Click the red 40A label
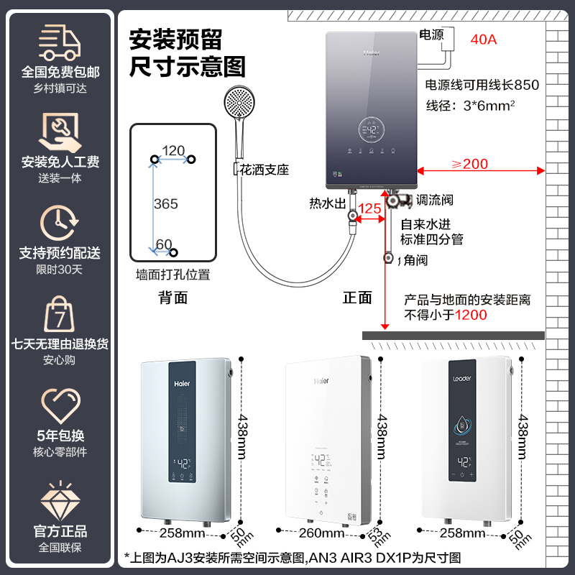click(483, 40)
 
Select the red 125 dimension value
click(369, 208)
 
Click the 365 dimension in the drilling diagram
click(166, 204)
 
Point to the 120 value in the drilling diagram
click(173, 150)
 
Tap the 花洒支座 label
click(264, 170)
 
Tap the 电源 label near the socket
click(432, 34)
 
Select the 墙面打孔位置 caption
click(173, 275)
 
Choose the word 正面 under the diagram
click(357, 298)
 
